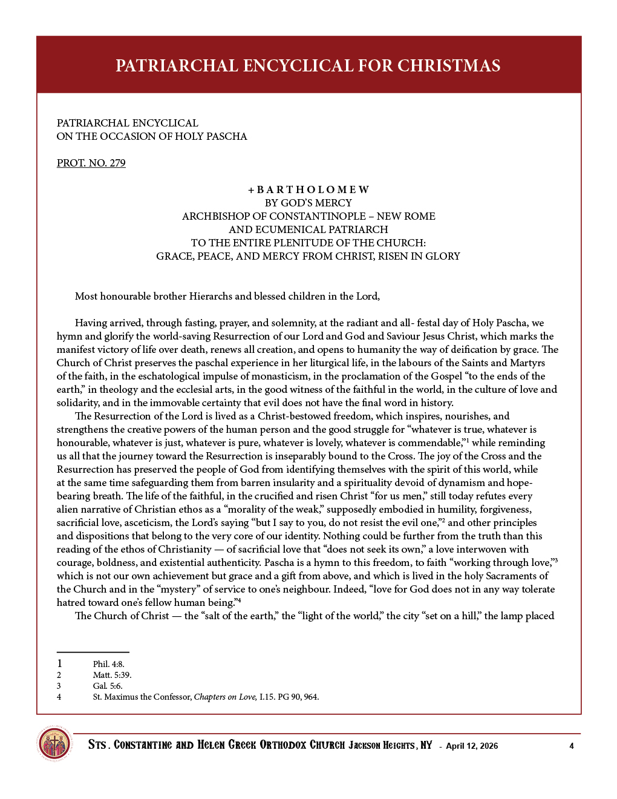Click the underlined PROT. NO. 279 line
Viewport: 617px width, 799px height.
point(91,163)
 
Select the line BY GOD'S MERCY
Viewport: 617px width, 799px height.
point(308,203)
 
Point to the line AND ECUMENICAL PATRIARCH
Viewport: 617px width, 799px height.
point(308,229)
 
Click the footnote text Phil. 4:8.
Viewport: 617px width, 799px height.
point(109,664)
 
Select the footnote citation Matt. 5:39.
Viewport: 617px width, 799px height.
point(112,675)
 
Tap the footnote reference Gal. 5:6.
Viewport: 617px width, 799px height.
point(108,686)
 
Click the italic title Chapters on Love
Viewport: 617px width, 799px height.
point(225,697)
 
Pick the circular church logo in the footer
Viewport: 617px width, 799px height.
point(54,743)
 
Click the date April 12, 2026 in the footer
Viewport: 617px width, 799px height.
point(472,746)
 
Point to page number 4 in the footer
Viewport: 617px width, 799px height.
point(572,746)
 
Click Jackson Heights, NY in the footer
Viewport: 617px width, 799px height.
point(390,745)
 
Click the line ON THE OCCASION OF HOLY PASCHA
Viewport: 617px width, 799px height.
point(152,136)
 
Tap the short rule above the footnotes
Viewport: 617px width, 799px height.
point(93,652)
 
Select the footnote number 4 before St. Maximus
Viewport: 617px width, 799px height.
point(59,697)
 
